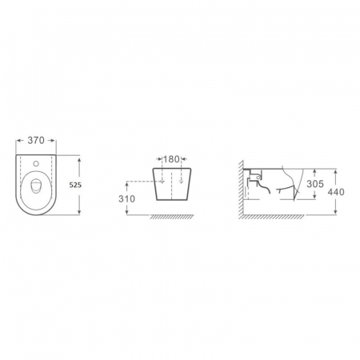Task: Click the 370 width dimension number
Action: click(x=36, y=140)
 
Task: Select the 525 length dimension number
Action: click(x=75, y=185)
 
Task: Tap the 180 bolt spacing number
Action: click(x=171, y=159)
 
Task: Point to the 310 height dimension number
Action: click(x=127, y=199)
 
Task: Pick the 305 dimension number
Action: click(x=315, y=184)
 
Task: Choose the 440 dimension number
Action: click(x=336, y=192)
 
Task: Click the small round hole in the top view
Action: click(x=36, y=163)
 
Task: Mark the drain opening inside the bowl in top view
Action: click(x=35, y=186)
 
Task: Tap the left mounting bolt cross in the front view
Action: click(x=162, y=182)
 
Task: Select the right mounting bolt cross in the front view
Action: click(x=182, y=182)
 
